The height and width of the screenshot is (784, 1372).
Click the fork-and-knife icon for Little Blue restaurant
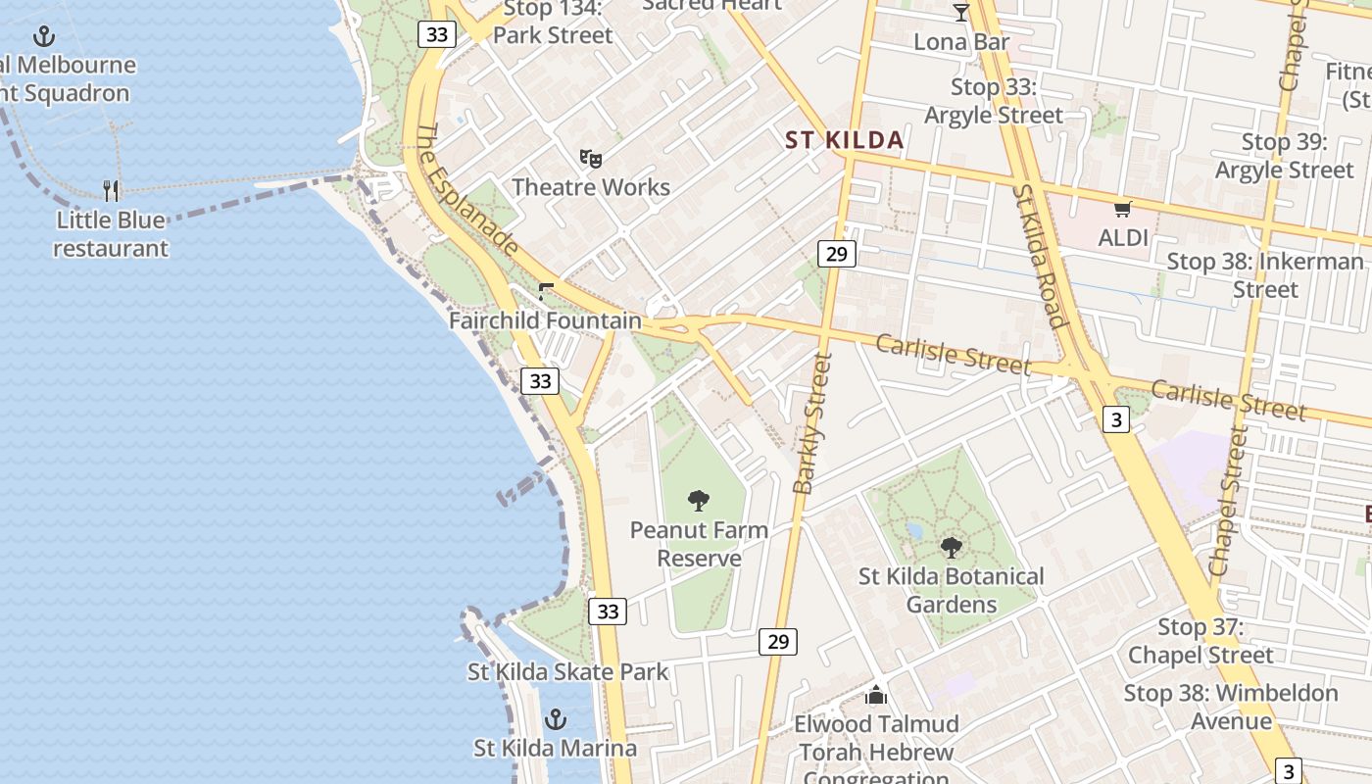pos(111,190)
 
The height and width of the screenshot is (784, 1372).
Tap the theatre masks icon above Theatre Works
pos(590,158)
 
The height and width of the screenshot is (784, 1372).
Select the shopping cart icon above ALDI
pos(1122,209)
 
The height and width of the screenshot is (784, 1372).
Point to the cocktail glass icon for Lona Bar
pos(960,13)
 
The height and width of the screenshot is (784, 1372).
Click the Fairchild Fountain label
pos(545,320)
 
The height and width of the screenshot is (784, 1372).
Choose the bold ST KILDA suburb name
pos(844,140)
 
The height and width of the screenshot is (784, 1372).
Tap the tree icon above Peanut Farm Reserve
pos(699,502)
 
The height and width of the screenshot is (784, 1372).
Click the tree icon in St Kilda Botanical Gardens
pos(951,548)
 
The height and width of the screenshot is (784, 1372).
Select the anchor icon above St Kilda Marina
pos(556,719)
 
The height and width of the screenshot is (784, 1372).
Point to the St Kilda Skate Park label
pos(567,672)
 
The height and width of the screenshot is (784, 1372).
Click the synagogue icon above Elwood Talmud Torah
pos(876,695)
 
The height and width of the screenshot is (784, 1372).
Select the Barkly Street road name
pos(812,423)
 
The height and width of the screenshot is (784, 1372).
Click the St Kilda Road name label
pos(1039,256)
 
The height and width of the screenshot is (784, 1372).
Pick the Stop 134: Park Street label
pos(553,23)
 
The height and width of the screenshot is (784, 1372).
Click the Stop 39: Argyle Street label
pos(1284,156)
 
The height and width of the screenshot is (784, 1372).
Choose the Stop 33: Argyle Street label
pos(994,101)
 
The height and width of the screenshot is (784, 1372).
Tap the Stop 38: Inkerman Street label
pos(1264,275)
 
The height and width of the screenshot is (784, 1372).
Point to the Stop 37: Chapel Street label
pos(1200,641)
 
